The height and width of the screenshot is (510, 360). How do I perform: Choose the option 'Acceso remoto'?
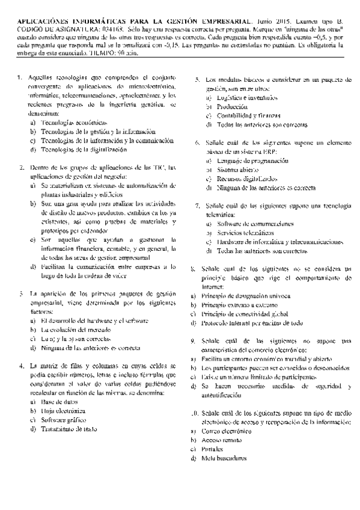[225, 440]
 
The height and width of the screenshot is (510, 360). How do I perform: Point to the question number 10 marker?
[194, 414]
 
